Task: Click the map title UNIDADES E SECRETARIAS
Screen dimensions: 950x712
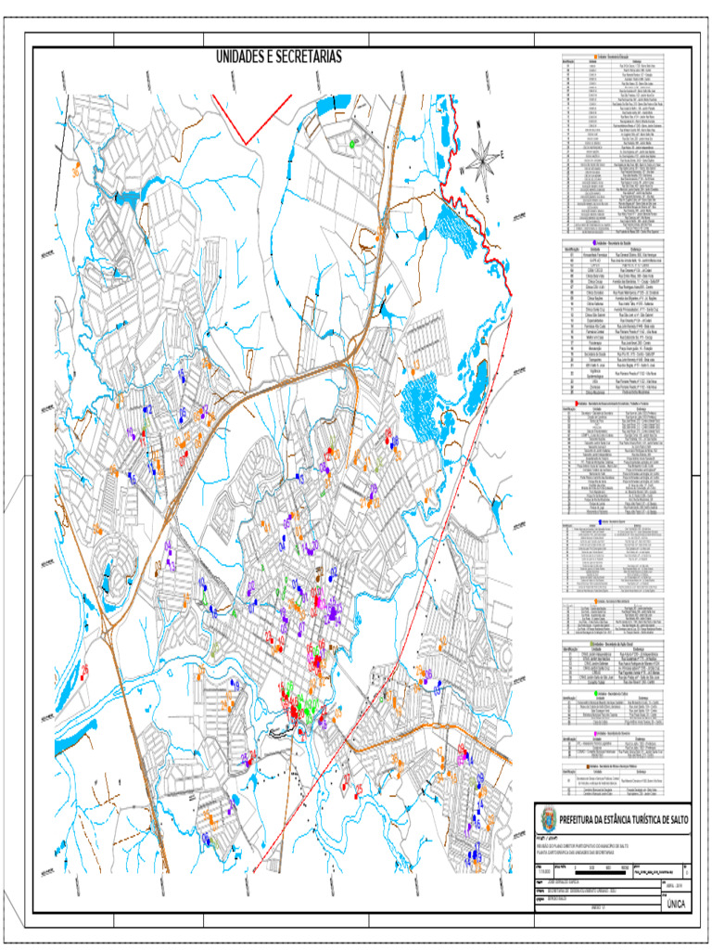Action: [x=279, y=58]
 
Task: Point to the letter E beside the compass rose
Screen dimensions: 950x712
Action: [x=502, y=155]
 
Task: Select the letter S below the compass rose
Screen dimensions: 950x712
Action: [x=486, y=199]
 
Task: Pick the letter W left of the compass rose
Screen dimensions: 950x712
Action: [x=461, y=171]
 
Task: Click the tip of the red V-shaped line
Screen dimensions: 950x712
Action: [x=244, y=141]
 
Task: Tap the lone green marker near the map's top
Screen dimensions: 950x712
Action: [x=353, y=144]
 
